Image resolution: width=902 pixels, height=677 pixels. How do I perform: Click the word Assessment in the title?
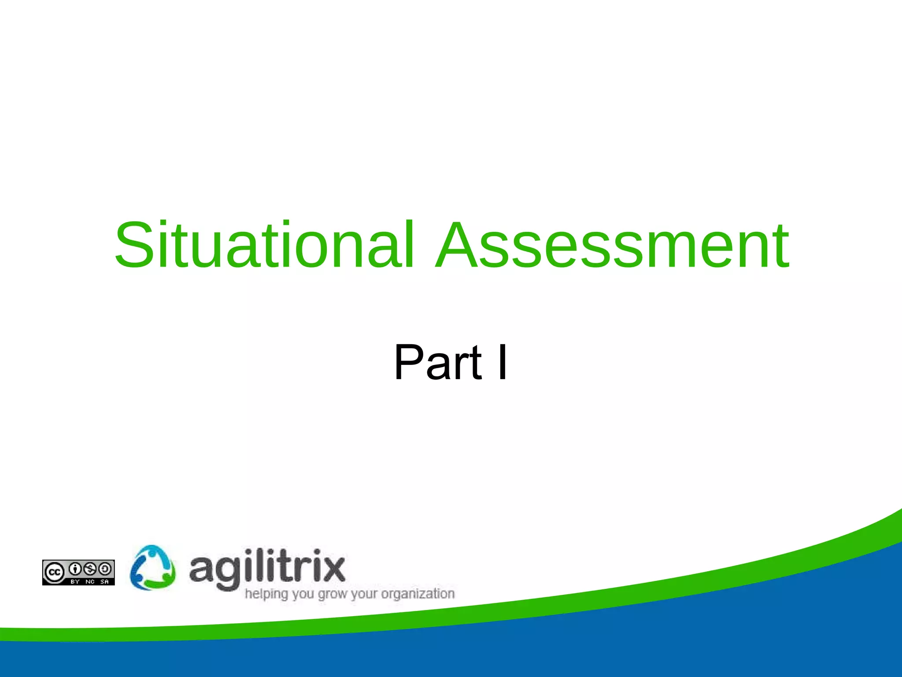pyautogui.click(x=612, y=245)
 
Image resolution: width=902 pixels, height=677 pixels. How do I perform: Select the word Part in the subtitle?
pyautogui.click(x=438, y=362)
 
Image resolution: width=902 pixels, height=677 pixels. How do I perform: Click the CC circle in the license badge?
pyautogui.click(x=54, y=572)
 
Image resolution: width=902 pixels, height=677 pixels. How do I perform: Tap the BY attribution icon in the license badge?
pyautogui.click(x=75, y=569)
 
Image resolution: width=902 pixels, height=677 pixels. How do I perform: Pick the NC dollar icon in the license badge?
pyautogui.click(x=90, y=569)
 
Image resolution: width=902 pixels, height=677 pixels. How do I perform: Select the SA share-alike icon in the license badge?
pyautogui.click(x=105, y=569)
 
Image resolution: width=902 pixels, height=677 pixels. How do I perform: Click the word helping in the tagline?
pyautogui.click(x=266, y=594)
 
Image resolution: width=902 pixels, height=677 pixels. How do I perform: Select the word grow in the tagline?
pyautogui.click(x=333, y=594)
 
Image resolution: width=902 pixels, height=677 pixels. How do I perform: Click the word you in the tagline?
pyautogui.click(x=303, y=594)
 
